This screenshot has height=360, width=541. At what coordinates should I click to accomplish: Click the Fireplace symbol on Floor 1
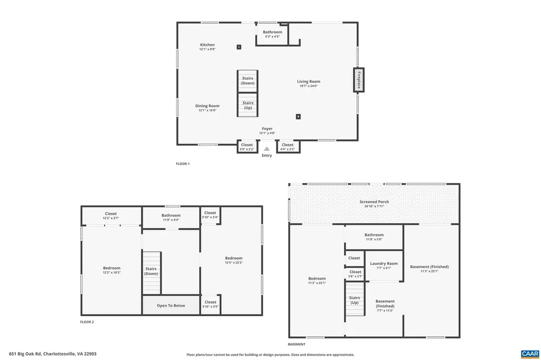tap(359, 80)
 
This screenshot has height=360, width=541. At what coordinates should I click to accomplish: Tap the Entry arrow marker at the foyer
tap(267, 149)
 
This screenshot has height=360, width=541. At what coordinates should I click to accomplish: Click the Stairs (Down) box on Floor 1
tap(247, 81)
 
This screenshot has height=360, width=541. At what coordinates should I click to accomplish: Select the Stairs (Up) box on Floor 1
tap(247, 105)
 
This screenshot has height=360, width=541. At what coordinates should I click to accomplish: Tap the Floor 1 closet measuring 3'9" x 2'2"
tap(247, 146)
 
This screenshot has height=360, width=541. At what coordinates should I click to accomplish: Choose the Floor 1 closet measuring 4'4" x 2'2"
tap(288, 146)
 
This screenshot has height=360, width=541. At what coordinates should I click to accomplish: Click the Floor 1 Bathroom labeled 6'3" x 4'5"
tap(273, 34)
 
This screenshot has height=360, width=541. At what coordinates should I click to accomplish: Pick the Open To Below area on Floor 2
tap(171, 305)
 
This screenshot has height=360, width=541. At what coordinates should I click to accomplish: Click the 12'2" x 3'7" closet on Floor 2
tap(111, 215)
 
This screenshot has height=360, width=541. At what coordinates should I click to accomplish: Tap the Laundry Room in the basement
tap(384, 265)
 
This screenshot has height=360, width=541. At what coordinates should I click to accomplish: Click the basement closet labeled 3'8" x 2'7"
tap(356, 273)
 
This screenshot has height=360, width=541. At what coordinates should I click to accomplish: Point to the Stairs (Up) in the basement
tap(355, 300)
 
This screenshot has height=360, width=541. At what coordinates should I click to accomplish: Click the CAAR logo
tap(529, 353)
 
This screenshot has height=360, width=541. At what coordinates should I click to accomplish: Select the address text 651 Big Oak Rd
tap(53, 354)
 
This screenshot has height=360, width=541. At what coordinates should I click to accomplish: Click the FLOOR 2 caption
tap(87, 321)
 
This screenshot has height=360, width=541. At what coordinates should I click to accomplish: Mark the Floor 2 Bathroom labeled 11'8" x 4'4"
tap(171, 217)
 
